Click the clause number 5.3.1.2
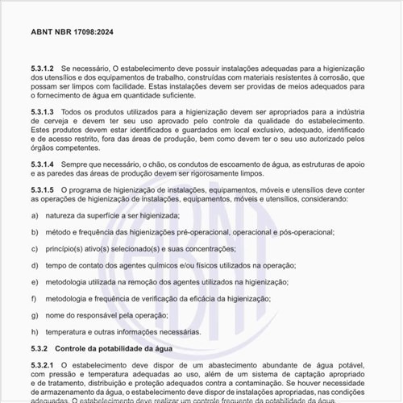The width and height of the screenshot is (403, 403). [x=43, y=71]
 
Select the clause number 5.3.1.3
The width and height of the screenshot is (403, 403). [x=43, y=111]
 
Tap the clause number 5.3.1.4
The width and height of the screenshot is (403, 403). [x=43, y=164]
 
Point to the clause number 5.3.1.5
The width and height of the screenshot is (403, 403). [x=43, y=189]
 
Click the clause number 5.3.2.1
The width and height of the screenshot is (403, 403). [x=43, y=365]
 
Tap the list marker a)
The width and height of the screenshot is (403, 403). [x=35, y=215]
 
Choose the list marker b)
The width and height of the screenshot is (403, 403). [x=35, y=232]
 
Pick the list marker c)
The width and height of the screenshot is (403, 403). [x=35, y=249]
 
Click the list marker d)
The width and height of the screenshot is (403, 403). [x=35, y=265]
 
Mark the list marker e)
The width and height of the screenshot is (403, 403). [x=35, y=282]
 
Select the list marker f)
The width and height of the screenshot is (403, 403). [x=35, y=298]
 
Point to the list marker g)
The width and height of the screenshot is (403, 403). [x=35, y=315]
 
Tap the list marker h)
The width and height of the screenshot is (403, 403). [x=35, y=331]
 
